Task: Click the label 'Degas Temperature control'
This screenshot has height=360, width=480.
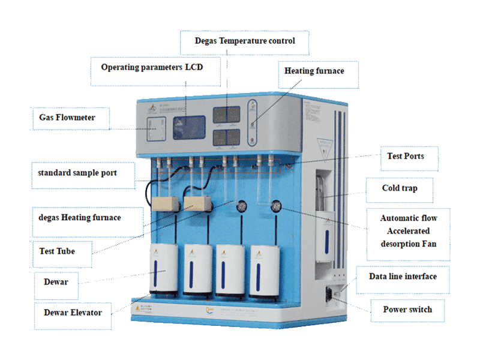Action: pyautogui.click(x=245, y=41)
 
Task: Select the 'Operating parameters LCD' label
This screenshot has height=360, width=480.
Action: pyautogui.click(x=152, y=67)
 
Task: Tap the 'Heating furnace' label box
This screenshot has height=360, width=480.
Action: pyautogui.click(x=314, y=71)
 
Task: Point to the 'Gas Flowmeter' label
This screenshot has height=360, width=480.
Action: pyautogui.click(x=71, y=118)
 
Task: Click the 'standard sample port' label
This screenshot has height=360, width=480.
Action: pyautogui.click(x=86, y=173)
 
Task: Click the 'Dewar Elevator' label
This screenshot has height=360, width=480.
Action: pyautogui.click(x=73, y=312)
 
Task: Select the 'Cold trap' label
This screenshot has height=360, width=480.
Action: pyautogui.click(x=400, y=188)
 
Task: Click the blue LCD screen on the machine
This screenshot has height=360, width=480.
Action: pyautogui.click(x=189, y=128)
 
